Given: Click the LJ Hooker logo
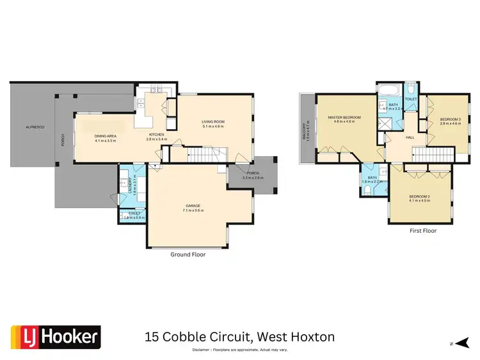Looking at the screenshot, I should tap(56, 336).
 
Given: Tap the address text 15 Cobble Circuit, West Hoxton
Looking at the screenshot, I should tap(239, 336).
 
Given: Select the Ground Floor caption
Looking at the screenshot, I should tap(188, 254).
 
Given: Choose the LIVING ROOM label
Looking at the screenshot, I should tap(213, 121).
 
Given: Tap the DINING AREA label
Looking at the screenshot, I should tap(105, 135).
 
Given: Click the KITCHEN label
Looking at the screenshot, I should tap(157, 134).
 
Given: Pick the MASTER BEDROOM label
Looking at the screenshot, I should tap(345, 117).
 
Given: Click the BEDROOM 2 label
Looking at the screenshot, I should tap(419, 196).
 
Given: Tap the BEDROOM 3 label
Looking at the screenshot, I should tap(450, 119).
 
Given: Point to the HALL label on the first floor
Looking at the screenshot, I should tap(410, 137).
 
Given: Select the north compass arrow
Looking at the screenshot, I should tap(458, 343).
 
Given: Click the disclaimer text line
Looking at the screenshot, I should tap(239, 350).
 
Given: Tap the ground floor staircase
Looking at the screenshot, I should tap(211, 153).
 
